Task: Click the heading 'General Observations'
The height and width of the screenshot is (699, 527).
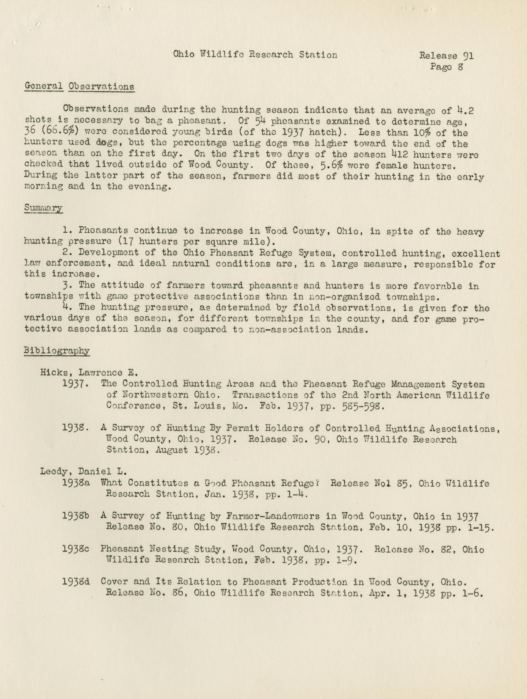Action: [x=79, y=87]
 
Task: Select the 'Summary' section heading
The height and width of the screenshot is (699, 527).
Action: [x=43, y=208]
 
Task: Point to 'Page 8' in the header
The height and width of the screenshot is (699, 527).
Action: [x=446, y=67]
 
